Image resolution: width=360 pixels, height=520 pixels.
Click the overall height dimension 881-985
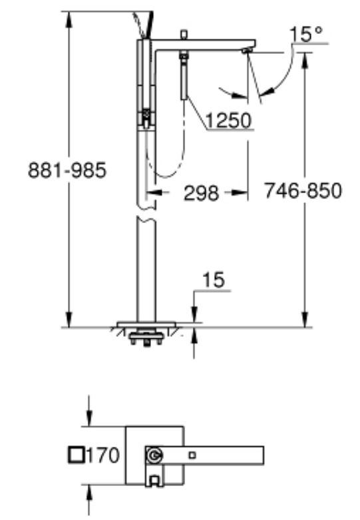pyautogui.click(x=67, y=171)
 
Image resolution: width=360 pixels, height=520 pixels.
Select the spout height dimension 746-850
pyautogui.click(x=303, y=191)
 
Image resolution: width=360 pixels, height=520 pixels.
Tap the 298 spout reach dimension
pyautogui.click(x=200, y=193)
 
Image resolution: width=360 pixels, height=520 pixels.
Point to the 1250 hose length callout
pyautogui.click(x=228, y=121)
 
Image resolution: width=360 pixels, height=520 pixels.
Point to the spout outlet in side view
pyautogui.click(x=247, y=50)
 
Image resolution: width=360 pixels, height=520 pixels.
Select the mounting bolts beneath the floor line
pyautogui.click(x=147, y=339)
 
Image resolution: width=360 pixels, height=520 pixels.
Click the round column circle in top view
pyautogui.click(x=154, y=456)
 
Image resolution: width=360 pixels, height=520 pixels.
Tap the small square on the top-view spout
pyautogui.click(x=192, y=455)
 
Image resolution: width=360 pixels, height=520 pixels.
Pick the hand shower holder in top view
pyautogui.click(x=154, y=478)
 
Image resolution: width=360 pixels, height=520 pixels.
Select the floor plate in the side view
pyautogui.click(x=146, y=325)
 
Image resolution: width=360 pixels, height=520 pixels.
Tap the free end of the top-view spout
pyautogui.click(x=262, y=455)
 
